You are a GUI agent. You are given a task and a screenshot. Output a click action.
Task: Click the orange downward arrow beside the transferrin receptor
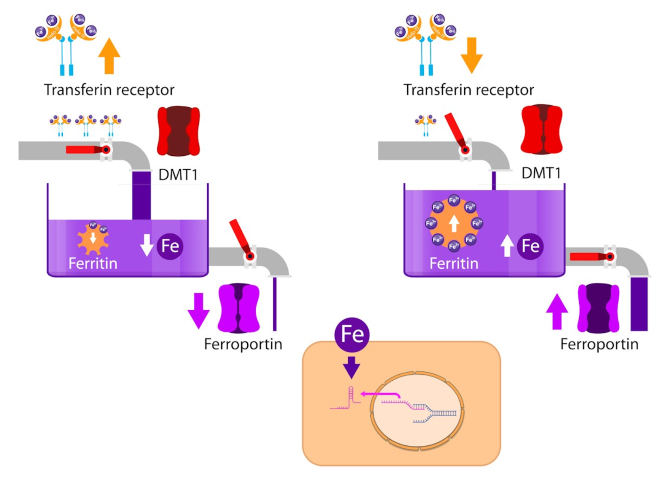coord(472,55)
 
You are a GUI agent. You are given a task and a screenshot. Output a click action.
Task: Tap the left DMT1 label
coord(178,175)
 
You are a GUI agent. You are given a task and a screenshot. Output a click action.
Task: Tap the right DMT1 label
coord(541,173)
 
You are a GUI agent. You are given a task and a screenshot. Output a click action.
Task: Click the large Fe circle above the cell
coord(352,334)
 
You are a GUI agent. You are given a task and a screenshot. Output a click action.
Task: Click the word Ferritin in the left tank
coord(93,264)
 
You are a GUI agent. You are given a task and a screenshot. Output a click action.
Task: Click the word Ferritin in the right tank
coord(454,264)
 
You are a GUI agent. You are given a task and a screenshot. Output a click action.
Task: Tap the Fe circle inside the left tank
coord(170,246)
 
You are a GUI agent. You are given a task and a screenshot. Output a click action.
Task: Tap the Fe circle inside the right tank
coord(530,246)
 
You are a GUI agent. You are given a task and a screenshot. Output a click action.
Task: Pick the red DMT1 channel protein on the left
coord(178,131)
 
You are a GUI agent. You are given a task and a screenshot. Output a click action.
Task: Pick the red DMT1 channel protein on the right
coord(541,129)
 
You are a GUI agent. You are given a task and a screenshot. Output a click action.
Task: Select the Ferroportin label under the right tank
coord(599,344)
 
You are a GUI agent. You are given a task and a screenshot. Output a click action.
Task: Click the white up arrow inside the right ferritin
coord(454,223)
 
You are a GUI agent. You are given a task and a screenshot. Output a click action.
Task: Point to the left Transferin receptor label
coord(109,90)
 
